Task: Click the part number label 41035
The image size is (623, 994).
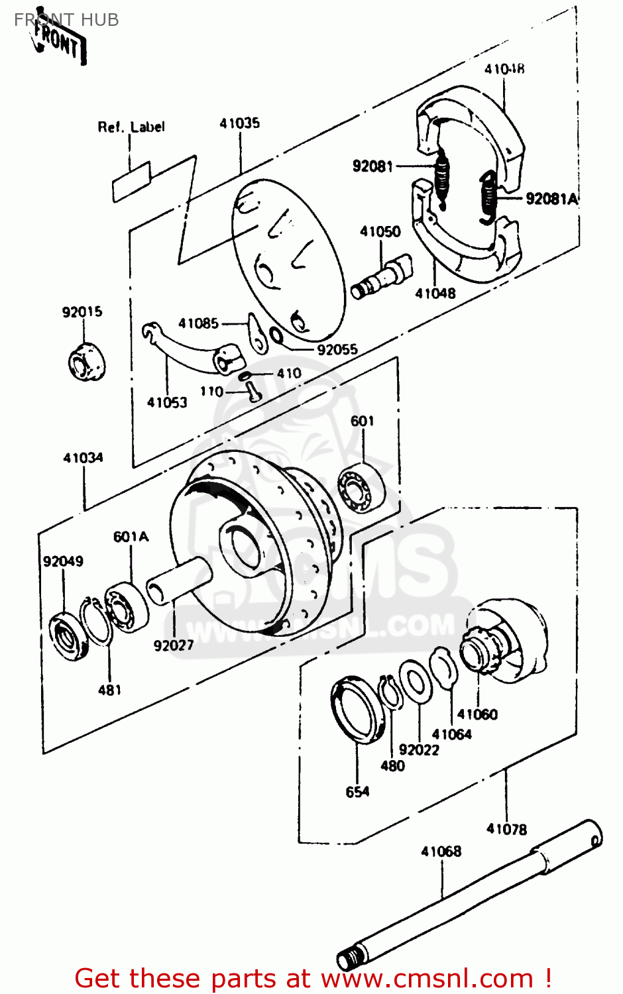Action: coord(239,123)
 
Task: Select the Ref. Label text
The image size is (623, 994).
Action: coord(131,127)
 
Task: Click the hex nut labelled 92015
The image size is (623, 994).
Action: coord(86,362)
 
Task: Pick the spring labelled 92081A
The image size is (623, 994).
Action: coord(488,195)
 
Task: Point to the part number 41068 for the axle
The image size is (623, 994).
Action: coord(441,852)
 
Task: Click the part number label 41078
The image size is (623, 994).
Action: coord(506,829)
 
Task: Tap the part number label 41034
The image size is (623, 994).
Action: coord(83,458)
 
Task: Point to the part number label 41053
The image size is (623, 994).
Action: coord(167,402)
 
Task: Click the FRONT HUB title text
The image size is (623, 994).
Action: coord(66,20)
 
